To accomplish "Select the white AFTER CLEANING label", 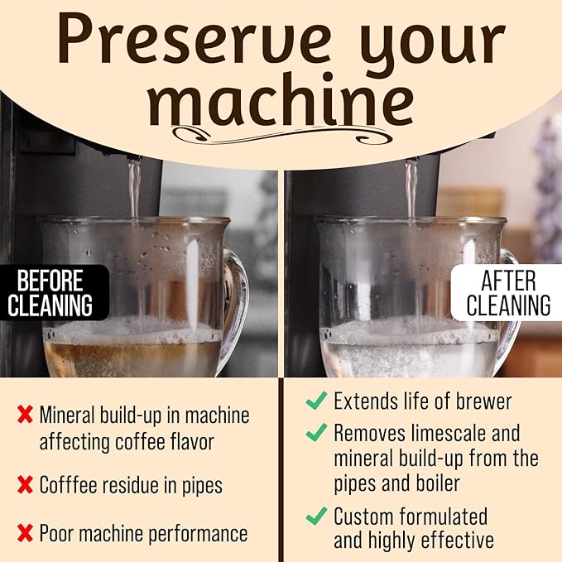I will tap(507, 293).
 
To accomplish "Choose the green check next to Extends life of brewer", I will tap(316, 401).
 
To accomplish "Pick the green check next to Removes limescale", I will tap(316, 432).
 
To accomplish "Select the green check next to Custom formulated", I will tap(316, 516).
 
